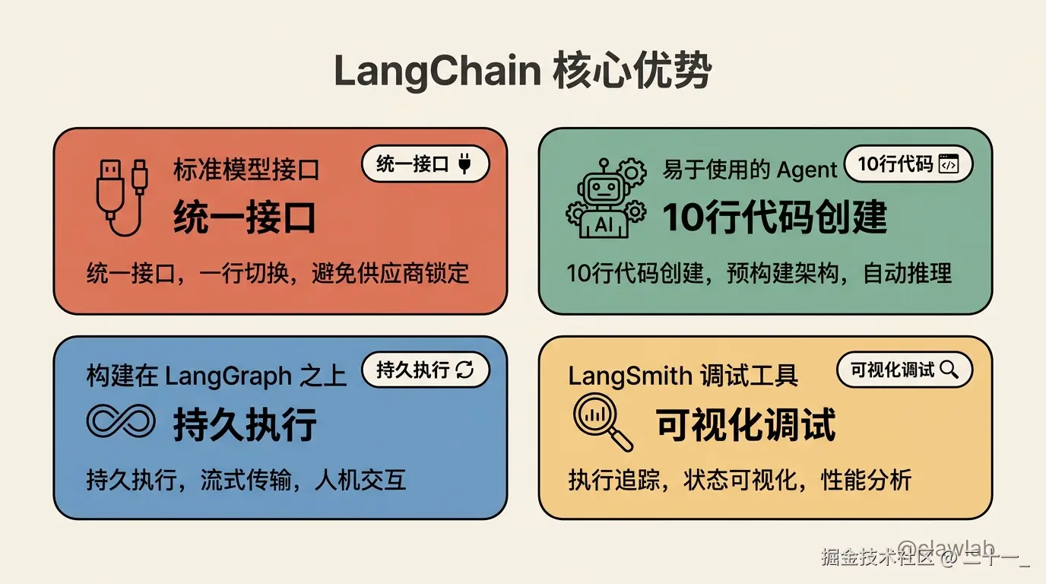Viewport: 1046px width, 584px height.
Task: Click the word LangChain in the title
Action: (x=436, y=73)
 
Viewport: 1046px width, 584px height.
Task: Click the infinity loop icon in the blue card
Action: (x=121, y=421)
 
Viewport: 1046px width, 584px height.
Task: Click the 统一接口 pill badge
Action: (x=423, y=164)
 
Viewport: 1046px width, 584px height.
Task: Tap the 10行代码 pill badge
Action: (x=908, y=164)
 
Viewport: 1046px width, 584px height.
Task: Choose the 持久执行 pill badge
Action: (x=423, y=370)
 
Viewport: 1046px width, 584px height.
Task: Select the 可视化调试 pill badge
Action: (x=904, y=370)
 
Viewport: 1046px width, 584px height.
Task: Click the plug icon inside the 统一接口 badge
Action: (x=465, y=164)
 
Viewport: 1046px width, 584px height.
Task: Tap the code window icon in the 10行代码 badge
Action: (x=948, y=164)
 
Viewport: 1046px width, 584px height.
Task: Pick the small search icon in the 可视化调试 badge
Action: (x=949, y=370)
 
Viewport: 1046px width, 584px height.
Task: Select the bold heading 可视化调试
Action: (x=746, y=424)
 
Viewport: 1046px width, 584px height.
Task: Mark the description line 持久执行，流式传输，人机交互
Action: (x=246, y=480)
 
